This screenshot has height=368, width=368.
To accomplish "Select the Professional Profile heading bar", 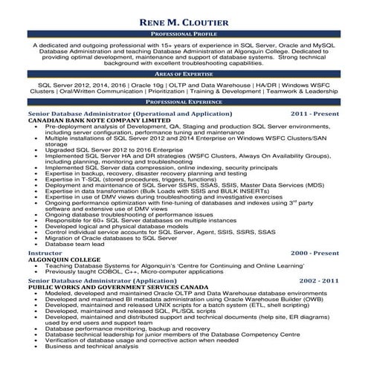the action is click(184, 35).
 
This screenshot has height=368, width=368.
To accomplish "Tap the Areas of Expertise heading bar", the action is click(184, 75).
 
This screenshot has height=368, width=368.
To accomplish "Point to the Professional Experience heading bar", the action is click(184, 101).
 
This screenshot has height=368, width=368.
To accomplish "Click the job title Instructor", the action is click(44, 254).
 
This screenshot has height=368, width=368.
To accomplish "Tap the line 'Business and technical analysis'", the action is click(91, 346).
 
